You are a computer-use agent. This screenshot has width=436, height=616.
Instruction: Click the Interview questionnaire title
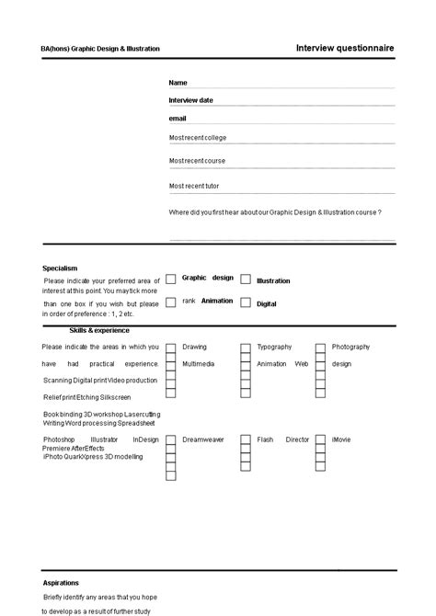coord(345,47)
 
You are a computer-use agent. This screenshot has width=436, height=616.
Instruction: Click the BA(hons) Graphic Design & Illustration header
coord(100,49)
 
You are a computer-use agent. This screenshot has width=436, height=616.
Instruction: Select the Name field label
coord(178,83)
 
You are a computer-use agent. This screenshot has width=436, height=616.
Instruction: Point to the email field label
coord(178,119)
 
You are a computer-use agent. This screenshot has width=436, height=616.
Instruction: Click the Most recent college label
coord(198,138)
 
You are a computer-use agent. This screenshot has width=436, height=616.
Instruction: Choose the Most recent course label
coord(197,161)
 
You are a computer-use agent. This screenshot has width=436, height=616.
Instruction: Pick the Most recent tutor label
coord(194,186)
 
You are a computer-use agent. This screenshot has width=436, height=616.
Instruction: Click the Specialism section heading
coord(60,268)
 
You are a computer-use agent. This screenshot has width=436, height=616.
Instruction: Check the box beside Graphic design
coord(171,279)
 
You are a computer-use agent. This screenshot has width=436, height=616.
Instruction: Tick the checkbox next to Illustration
coord(246,279)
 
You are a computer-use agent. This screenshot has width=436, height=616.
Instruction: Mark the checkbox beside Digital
coord(246,302)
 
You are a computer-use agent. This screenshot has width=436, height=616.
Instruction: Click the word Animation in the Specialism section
coord(217,301)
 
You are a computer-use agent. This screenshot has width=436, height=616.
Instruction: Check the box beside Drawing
coord(171,348)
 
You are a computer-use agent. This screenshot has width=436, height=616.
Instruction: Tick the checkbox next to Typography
coord(246,348)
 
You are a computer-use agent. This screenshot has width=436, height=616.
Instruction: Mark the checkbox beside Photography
coord(321,348)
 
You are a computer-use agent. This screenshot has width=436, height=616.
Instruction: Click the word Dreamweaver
coord(202,439)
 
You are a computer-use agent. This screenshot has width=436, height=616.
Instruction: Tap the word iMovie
coord(341,439)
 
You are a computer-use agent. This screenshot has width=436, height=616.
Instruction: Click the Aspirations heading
coord(61,583)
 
